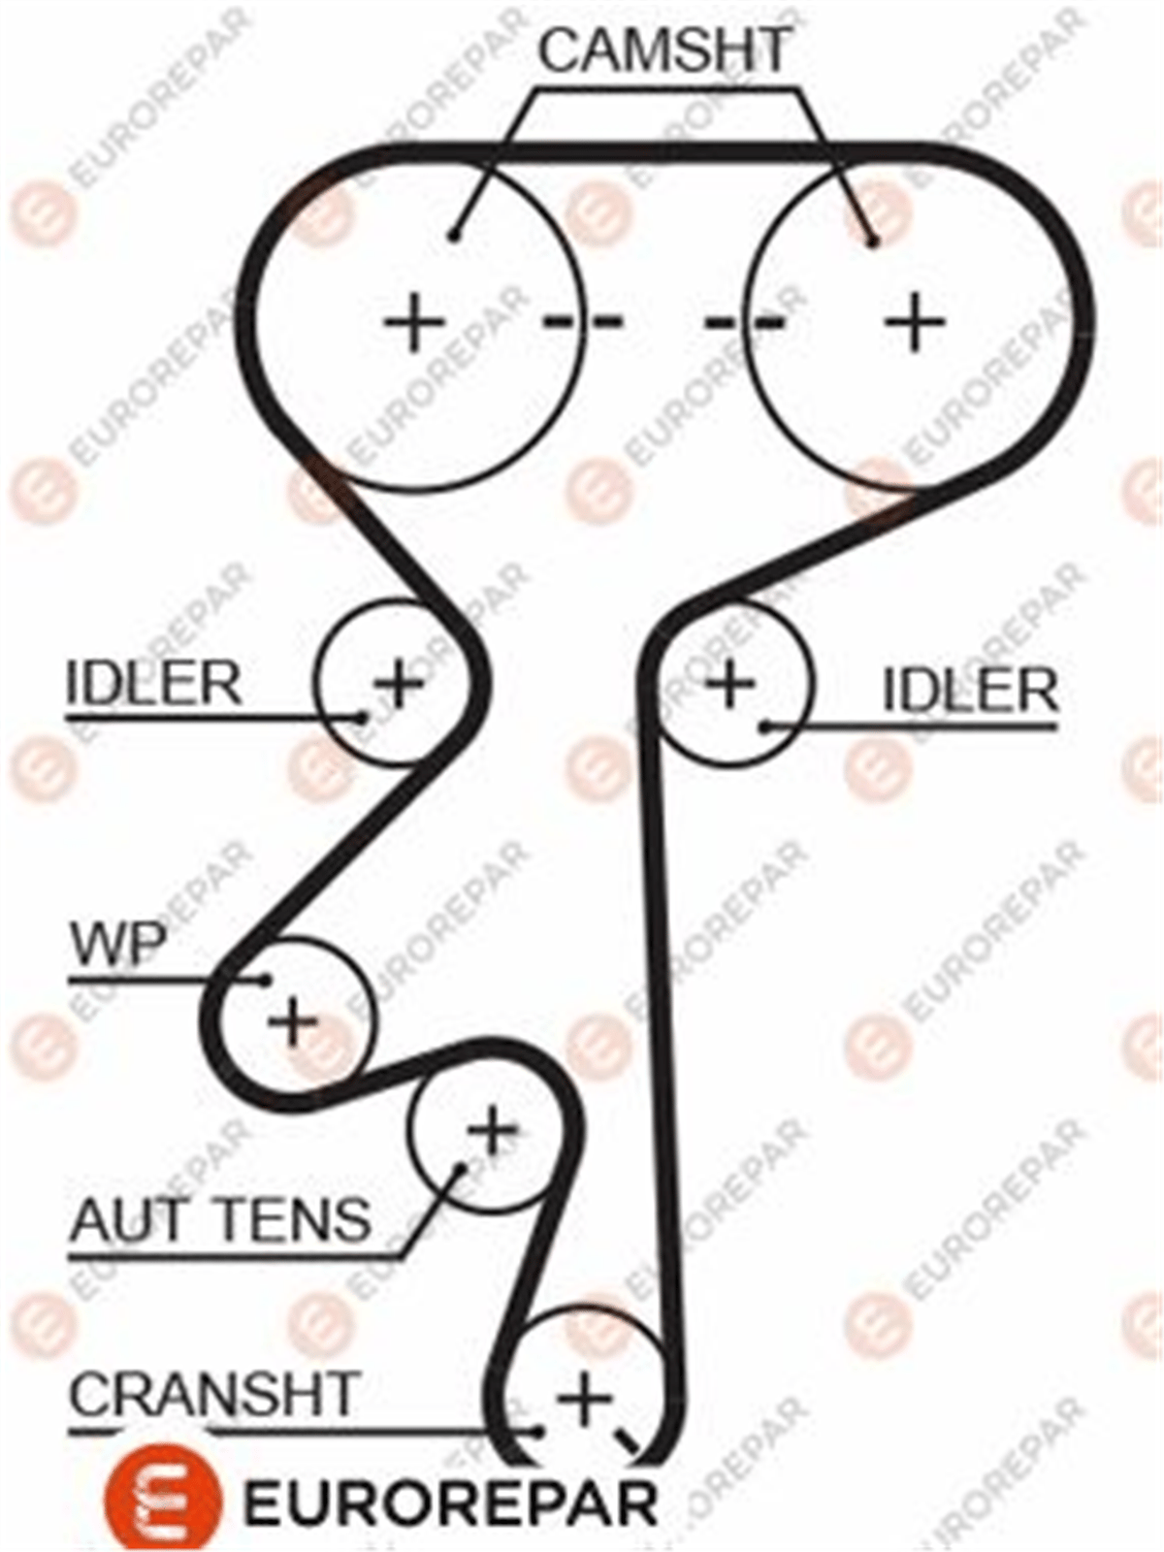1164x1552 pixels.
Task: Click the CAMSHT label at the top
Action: pyautogui.click(x=663, y=50)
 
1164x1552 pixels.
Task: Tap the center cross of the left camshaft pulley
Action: pyautogui.click(x=414, y=322)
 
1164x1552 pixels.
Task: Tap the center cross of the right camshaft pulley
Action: pyautogui.click(x=916, y=322)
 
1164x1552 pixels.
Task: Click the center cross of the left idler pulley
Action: pyautogui.click(x=400, y=682)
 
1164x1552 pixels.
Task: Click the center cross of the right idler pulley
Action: pyautogui.click(x=730, y=682)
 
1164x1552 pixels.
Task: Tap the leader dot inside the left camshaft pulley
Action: pyautogui.click(x=456, y=235)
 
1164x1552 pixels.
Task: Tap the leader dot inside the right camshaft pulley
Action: pyautogui.click(x=873, y=242)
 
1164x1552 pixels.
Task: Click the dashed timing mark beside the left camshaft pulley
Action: pyautogui.click(x=583, y=323)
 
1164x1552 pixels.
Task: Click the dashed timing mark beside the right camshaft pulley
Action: pyautogui.click(x=745, y=323)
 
